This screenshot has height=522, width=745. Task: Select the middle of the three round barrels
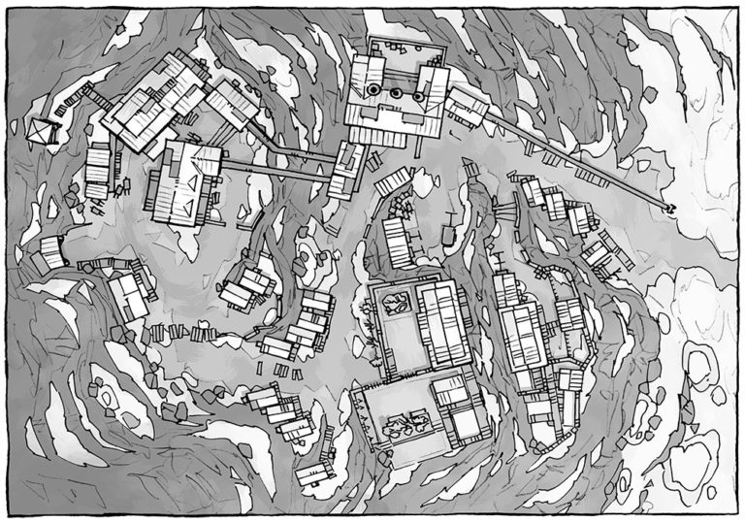click(396, 93)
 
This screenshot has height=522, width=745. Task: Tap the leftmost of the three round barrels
click(372, 92)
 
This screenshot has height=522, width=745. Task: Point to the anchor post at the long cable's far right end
click(668, 209)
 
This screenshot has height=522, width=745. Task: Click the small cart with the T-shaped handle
click(448, 234)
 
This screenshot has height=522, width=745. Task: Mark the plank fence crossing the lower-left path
click(184, 334)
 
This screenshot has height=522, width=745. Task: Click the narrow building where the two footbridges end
click(344, 170)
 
